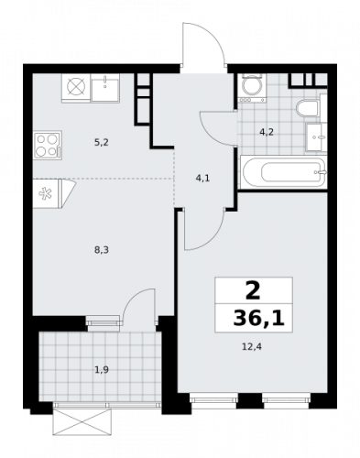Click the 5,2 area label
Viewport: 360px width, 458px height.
click(x=103, y=143)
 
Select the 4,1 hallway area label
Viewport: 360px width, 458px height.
click(x=203, y=178)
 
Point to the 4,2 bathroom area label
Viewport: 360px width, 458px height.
click(x=267, y=132)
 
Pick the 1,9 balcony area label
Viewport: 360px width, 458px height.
click(x=103, y=369)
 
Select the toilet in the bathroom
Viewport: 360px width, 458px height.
click(x=308, y=110)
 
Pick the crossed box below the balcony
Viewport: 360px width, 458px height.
click(x=83, y=423)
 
